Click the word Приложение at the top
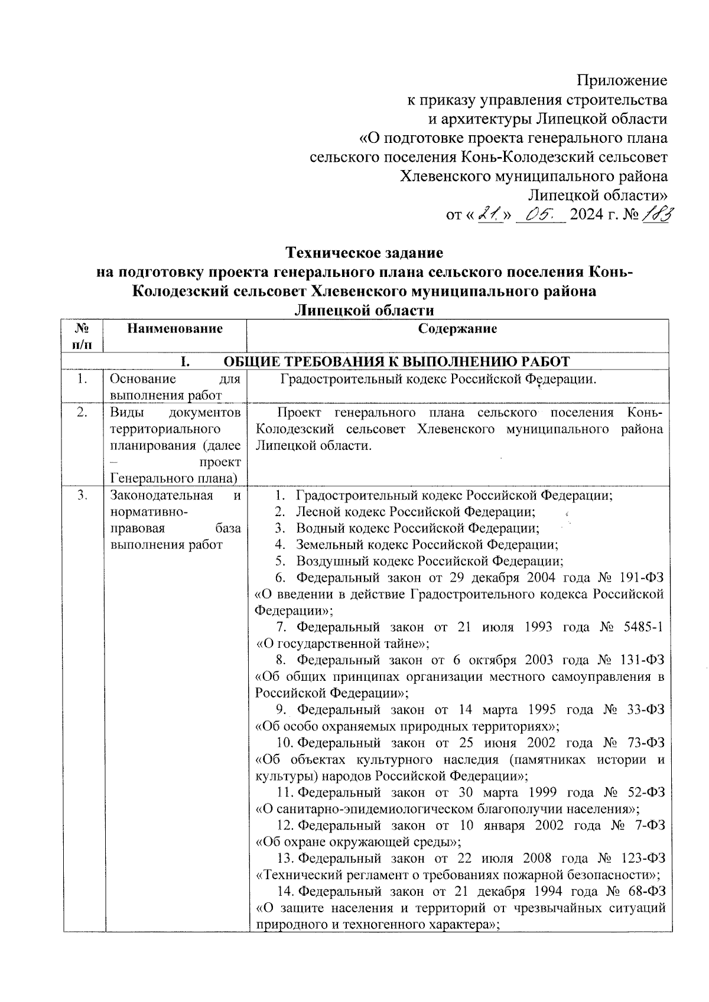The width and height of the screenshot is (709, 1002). tap(622, 80)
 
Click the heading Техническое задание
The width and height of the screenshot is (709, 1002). tap(365, 253)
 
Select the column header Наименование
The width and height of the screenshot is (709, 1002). tap(175, 329)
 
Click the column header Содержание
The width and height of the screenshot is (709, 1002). tap(457, 329)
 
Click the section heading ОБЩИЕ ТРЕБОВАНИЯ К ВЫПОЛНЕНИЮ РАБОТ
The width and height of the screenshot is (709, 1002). tap(396, 361)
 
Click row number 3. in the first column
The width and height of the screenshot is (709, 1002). tap(83, 495)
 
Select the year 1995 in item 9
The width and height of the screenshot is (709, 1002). tap(546, 709)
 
